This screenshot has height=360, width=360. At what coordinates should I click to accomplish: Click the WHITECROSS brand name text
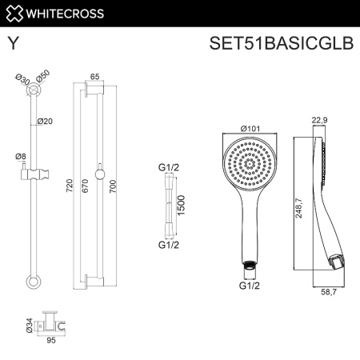click(x=66, y=14)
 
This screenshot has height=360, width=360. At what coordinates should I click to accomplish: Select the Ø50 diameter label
click(x=42, y=74)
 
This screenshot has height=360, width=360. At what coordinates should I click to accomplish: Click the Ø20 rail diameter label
click(x=46, y=122)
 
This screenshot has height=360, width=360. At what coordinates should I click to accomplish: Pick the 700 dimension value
click(x=113, y=186)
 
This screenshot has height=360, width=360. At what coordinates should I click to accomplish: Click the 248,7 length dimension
click(x=298, y=210)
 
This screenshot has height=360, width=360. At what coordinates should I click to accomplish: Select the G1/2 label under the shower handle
click(x=250, y=282)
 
